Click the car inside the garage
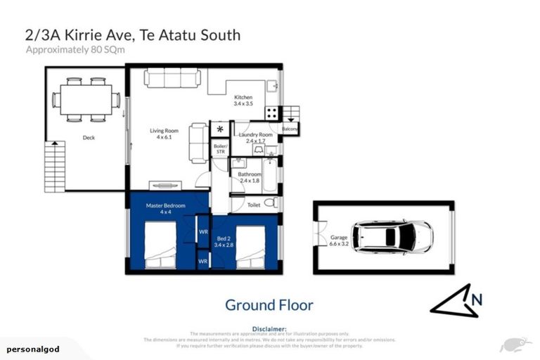pyautogui.click(x=392, y=237)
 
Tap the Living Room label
pyautogui.click(x=167, y=134)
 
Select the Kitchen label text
pyautogui.click(x=243, y=101)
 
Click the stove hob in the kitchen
pyautogui.click(x=271, y=113)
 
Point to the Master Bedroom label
pyautogui.click(x=165, y=209)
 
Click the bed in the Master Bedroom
pyautogui.click(x=160, y=245)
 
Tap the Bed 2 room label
pyautogui.click(x=223, y=242)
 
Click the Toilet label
pyautogui.click(x=254, y=205)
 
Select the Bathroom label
pyautogui.click(x=250, y=177)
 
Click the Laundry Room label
pyautogui.click(x=255, y=137)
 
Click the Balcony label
pyautogui.click(x=290, y=129)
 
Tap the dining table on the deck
pyautogui.click(x=86, y=99)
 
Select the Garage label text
pyautogui.click(x=339, y=241)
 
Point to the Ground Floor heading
pyautogui.click(x=269, y=304)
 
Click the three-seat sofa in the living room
pyautogui.click(x=172, y=77)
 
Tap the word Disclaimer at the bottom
pyautogui.click(x=269, y=328)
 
